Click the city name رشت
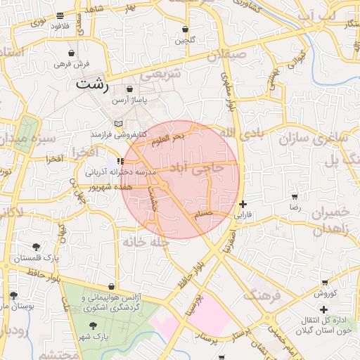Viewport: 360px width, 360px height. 91,85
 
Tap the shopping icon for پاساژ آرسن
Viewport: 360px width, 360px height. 130,89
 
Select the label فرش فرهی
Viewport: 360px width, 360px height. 72,64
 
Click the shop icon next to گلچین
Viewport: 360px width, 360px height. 185,30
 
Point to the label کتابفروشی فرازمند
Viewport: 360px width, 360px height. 119,134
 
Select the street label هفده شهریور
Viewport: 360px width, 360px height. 112,187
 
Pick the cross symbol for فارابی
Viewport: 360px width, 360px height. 243,204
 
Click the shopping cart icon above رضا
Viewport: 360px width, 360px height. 295,198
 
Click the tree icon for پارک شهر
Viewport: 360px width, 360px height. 94,326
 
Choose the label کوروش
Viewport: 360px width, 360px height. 326,293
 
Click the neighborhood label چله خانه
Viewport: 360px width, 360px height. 147,242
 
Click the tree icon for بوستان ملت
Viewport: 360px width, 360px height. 13,295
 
